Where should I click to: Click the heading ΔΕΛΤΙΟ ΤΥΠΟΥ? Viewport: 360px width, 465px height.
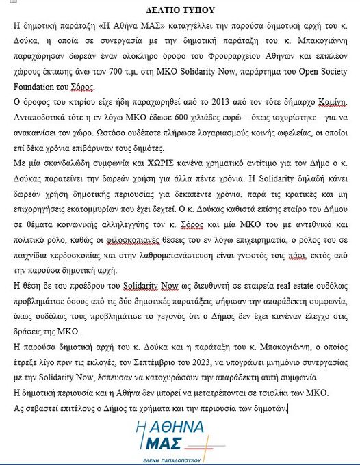(x=181, y=10)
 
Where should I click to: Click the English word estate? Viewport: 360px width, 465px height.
(x=285, y=286)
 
